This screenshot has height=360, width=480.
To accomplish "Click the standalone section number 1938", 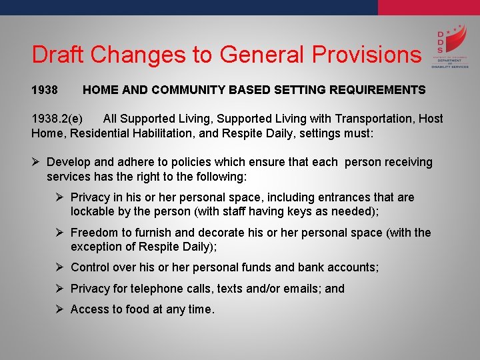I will [45, 89].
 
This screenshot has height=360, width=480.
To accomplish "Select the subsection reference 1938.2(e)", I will [57, 119].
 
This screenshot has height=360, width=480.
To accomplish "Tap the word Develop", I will [69, 162].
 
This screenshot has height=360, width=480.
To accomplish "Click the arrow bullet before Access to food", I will [59, 309].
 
